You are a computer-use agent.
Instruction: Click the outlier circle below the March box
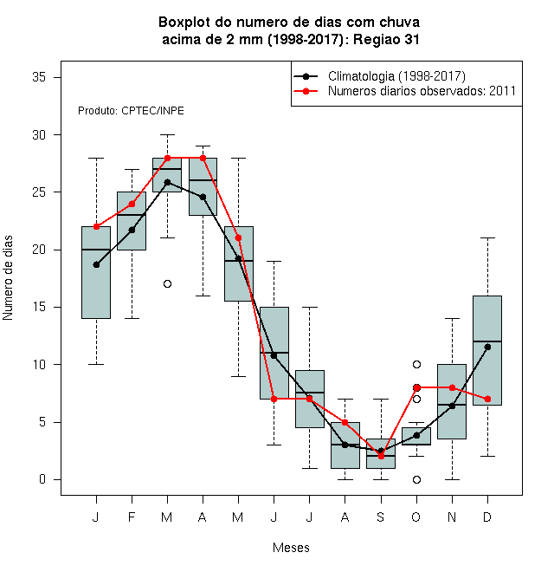click(167, 283)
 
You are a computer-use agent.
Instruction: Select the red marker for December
click(487, 399)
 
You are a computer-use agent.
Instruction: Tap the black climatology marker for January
click(96, 265)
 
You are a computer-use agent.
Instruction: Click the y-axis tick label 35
click(39, 77)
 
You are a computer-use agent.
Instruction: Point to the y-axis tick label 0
click(42, 479)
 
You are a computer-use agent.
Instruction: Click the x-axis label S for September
click(381, 517)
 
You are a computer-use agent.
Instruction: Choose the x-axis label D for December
click(487, 517)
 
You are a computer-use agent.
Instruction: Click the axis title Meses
click(291, 548)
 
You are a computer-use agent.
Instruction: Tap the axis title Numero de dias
click(8, 278)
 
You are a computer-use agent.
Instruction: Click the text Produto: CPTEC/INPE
click(131, 111)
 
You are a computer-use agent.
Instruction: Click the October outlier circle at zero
click(416, 479)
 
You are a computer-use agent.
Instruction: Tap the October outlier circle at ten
click(416, 364)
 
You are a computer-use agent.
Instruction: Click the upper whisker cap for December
click(487, 237)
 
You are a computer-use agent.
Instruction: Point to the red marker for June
click(274, 399)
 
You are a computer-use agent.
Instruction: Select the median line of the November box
click(452, 405)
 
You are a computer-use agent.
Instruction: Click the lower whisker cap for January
click(96, 364)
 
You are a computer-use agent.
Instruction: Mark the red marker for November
click(452, 387)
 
